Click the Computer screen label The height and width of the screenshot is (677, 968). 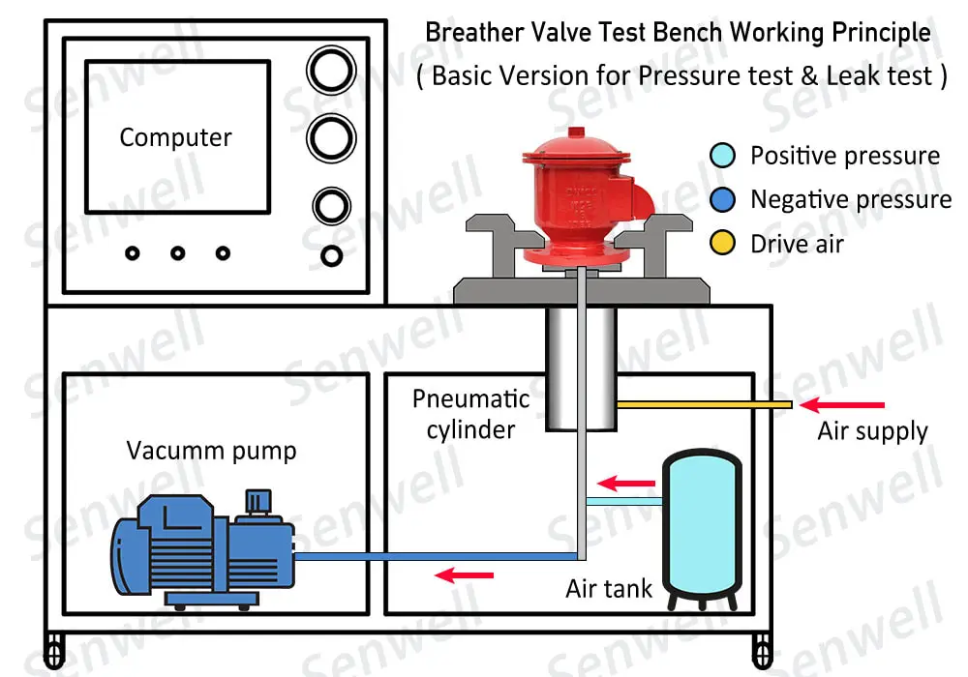click(175, 138)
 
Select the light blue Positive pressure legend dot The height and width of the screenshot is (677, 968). click(722, 156)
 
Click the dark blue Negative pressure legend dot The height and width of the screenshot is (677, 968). click(722, 199)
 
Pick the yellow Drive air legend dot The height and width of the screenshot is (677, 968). click(722, 243)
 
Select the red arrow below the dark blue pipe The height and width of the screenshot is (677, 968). click(465, 576)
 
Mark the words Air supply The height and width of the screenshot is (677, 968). click(872, 431)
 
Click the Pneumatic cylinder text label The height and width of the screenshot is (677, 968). click(470, 414)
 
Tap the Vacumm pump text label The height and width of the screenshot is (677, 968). click(211, 451)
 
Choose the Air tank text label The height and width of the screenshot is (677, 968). click(609, 587)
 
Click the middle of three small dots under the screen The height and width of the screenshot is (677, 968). click(178, 253)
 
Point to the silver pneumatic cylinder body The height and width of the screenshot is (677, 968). click(580, 368)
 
